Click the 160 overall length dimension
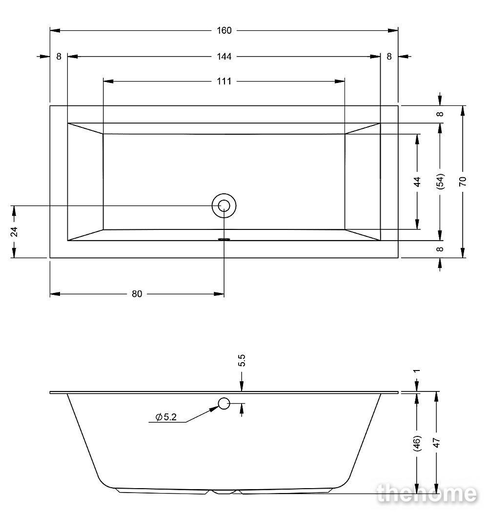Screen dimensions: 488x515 click(224, 31)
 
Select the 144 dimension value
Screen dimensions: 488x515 click(224, 57)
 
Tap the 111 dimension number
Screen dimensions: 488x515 click(224, 81)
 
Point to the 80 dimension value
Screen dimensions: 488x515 click(137, 294)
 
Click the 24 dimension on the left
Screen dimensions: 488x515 click(14, 231)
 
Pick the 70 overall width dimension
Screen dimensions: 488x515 click(463, 181)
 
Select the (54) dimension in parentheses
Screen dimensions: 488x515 click(440, 181)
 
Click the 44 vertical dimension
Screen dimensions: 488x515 click(417, 182)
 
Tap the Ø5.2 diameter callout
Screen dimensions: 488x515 click(166, 417)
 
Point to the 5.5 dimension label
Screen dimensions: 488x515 click(242, 360)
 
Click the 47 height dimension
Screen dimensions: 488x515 click(436, 442)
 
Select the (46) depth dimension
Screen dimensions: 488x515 click(417, 443)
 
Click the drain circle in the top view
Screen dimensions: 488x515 click(224, 206)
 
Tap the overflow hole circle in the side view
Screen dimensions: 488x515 click(224, 403)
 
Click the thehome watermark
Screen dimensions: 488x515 click(427, 494)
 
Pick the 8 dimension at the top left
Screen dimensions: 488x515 click(59, 57)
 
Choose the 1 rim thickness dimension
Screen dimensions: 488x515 click(417, 371)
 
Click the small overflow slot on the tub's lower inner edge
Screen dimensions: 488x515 click(224, 239)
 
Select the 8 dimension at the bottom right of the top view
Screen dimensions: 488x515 click(440, 249)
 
